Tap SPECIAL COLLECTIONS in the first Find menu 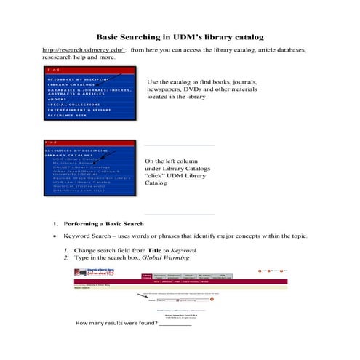[73, 104]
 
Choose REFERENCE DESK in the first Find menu [68, 116]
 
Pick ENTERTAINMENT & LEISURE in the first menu [79, 110]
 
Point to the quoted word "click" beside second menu [156, 177]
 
